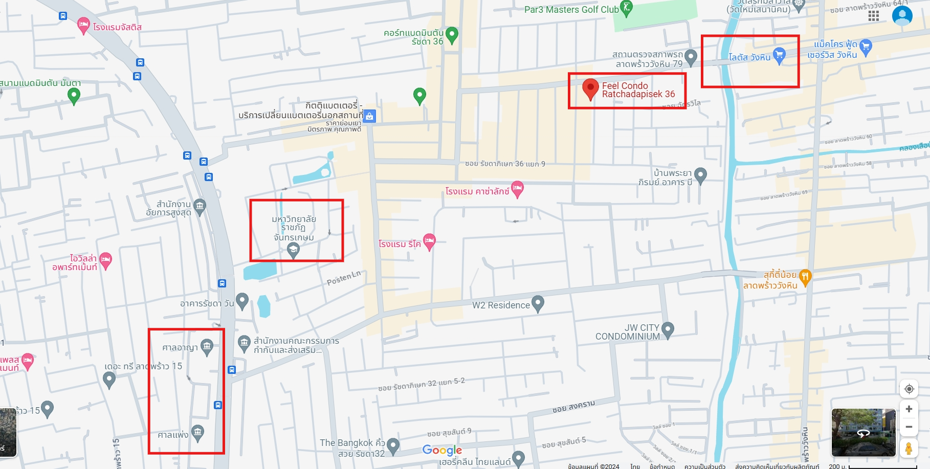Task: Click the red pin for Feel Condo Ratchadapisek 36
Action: (x=590, y=89)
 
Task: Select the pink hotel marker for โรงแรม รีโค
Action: (x=429, y=241)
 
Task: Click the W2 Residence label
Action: (x=501, y=305)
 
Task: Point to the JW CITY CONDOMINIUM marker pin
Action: (x=668, y=329)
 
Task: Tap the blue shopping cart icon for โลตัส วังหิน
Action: (x=779, y=55)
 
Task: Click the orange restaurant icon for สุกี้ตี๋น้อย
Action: (x=805, y=277)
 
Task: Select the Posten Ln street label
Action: (x=344, y=278)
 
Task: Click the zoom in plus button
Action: (x=909, y=409)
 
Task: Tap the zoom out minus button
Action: (x=909, y=427)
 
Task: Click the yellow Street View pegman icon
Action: (x=909, y=449)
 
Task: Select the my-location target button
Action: (x=909, y=389)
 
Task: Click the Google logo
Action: (x=442, y=450)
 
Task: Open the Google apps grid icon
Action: (x=874, y=16)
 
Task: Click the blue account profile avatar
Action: (x=902, y=16)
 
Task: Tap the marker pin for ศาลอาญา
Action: (x=207, y=346)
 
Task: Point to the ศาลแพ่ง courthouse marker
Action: (x=197, y=433)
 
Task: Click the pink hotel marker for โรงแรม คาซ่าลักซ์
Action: (x=517, y=189)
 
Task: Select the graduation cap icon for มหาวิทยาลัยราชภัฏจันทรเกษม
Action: (x=293, y=250)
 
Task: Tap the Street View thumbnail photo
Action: (x=863, y=432)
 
